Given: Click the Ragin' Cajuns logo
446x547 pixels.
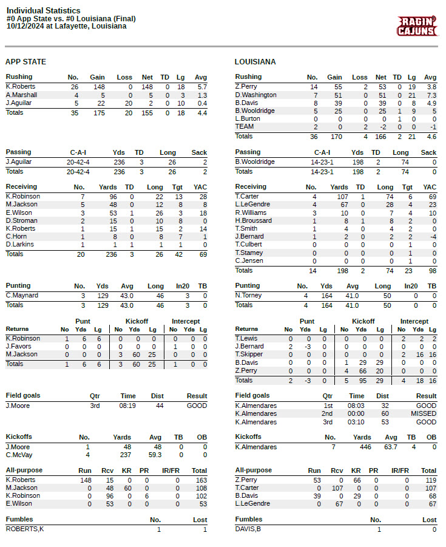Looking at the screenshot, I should pos(417,27).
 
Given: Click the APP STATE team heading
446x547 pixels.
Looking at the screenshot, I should pos(25,62).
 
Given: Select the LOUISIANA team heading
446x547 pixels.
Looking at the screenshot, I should pos(255,62).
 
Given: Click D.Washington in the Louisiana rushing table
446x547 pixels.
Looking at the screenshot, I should pos(255,95).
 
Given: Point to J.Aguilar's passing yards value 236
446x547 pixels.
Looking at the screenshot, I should pos(117,162).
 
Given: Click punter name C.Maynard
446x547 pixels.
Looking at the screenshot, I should pos(22,296).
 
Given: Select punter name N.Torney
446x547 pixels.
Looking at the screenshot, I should pos(248,296).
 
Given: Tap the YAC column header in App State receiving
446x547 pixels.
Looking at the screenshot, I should pos(200,187).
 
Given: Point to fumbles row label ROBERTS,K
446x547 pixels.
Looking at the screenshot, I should pos(25,529).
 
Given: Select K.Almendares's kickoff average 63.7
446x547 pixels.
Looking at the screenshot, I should pos(390,447).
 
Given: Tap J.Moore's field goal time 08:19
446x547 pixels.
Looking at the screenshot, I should pos(127,406).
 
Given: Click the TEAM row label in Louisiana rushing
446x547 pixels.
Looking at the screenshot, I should pos(245,127).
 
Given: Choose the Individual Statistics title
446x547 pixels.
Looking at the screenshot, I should pos(43,11).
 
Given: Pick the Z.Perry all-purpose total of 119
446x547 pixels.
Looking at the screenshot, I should pos(428,480).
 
